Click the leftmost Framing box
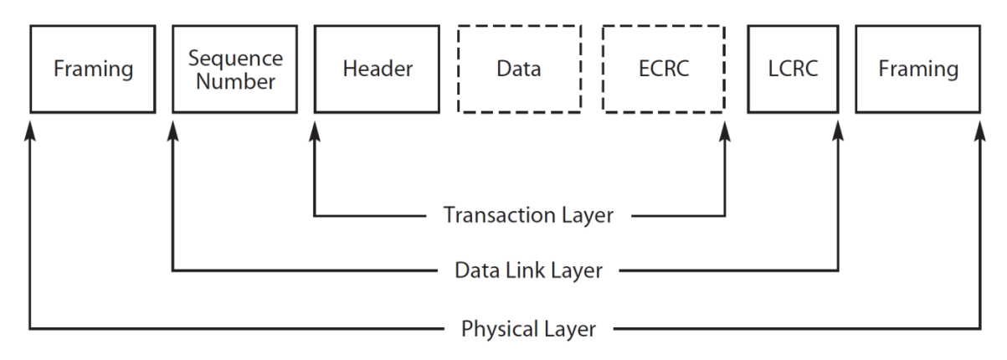[x=93, y=69]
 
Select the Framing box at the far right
[x=917, y=69]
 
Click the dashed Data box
[x=519, y=69]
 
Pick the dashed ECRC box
[x=663, y=69]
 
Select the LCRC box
[x=793, y=69]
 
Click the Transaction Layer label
[x=528, y=216]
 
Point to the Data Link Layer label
[x=529, y=270]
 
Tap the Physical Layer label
[x=529, y=327]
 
